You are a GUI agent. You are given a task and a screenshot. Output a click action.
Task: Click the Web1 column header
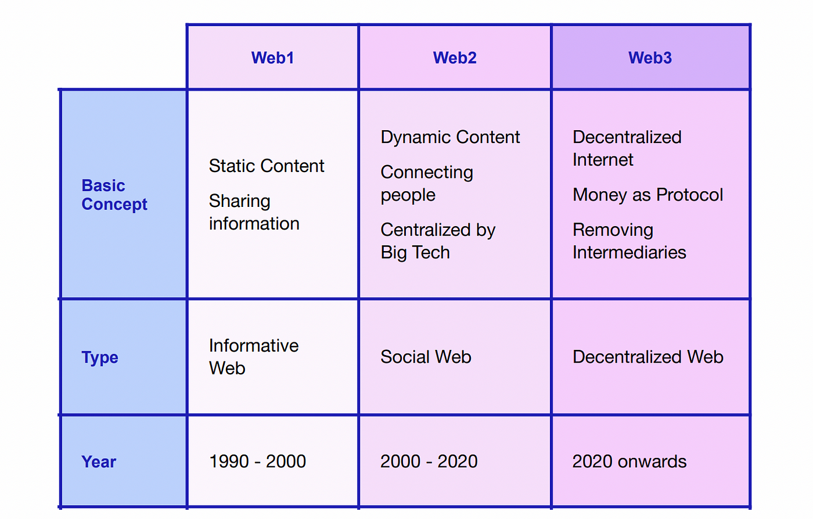272,58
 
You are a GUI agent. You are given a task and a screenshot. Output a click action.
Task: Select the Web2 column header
455,58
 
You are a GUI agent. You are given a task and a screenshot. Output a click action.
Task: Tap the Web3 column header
650,58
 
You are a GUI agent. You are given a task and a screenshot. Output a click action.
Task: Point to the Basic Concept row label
114,195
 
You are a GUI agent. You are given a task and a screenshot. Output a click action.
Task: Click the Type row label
100,357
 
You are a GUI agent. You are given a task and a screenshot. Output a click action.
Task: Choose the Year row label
99,461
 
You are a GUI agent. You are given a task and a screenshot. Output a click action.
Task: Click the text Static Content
267,166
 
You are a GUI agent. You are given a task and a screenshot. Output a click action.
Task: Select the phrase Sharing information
254,212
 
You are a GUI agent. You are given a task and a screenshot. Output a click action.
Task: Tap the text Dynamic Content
450,137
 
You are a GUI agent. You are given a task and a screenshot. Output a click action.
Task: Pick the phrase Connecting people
427,184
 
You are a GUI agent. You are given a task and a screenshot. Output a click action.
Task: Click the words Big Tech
415,252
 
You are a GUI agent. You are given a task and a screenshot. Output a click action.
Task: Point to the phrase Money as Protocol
648,195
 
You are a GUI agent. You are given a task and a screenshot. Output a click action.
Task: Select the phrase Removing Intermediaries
629,241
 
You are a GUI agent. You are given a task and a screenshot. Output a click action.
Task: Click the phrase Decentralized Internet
627,148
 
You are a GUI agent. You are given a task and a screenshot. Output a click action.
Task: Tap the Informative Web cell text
254,357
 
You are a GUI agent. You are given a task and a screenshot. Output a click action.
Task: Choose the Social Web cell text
426,357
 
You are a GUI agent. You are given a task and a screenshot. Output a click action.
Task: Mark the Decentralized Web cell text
648,357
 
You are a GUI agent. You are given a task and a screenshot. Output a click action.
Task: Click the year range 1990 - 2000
257,461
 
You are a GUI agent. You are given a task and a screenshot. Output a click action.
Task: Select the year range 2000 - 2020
429,461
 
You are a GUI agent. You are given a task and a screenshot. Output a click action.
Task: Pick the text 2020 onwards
629,461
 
